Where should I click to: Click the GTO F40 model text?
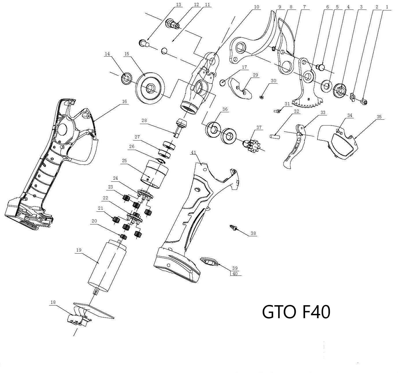(296, 312)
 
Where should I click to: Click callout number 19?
(78, 250)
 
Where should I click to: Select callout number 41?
(193, 152)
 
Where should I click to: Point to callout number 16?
(124, 101)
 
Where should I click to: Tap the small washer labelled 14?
(126, 78)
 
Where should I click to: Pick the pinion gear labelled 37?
(253, 144)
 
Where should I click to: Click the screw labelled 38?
(233, 228)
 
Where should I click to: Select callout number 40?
(235, 274)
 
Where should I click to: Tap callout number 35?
(379, 117)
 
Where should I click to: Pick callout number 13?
(179, 5)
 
